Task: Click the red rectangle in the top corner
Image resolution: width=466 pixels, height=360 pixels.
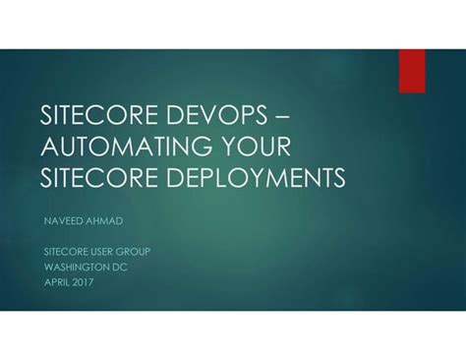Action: click(x=411, y=70)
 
